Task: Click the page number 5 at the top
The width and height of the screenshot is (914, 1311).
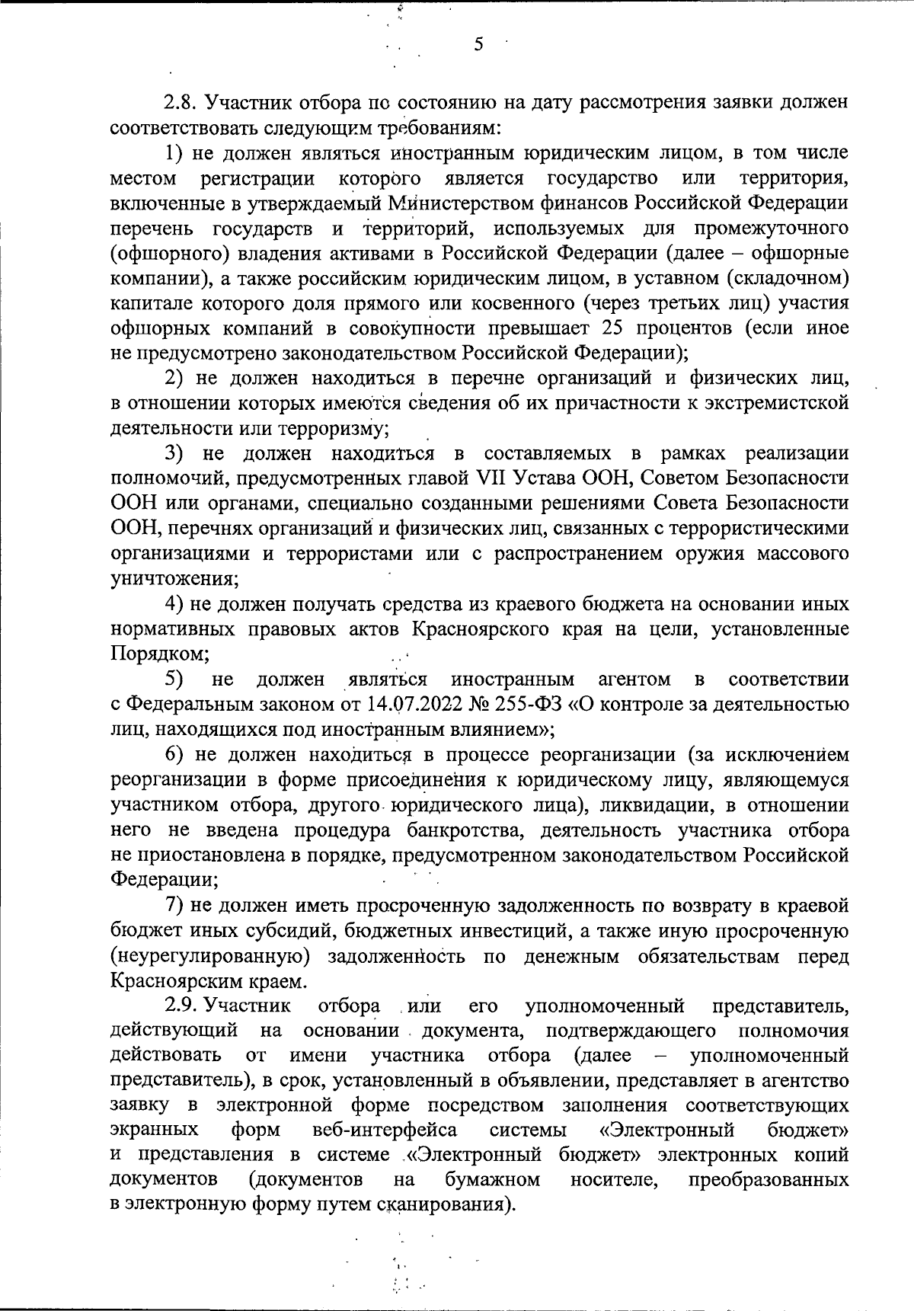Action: click(x=478, y=45)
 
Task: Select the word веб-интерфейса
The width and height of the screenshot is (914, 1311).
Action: click(x=385, y=1128)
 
